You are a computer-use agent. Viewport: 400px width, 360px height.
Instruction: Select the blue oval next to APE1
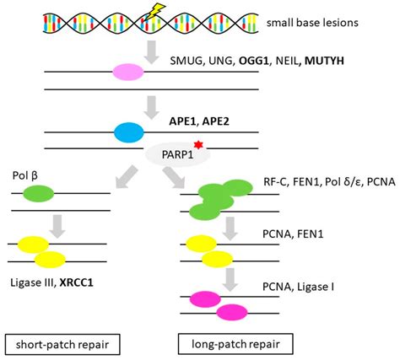(x=128, y=132)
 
